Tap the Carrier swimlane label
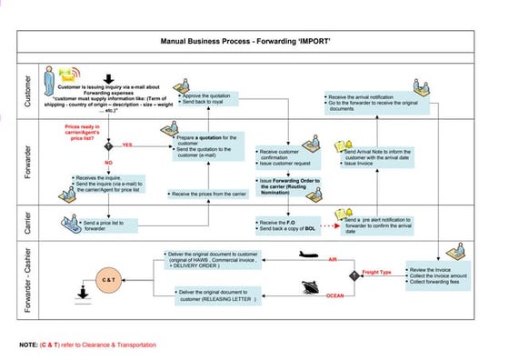[x=25, y=224]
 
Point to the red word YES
[x=127, y=145]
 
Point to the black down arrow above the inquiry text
[x=111, y=78]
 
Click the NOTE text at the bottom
[x=87, y=345]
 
